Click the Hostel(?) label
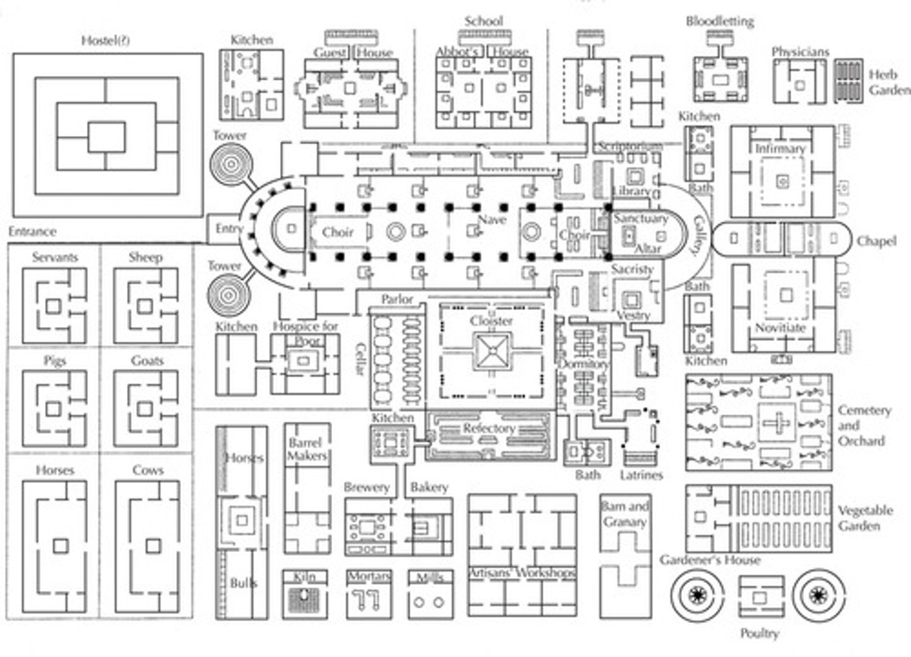pos(106,41)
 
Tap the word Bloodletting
pos(720,21)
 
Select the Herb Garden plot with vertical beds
pos(848,81)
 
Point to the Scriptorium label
pos(631,147)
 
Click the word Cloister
pos(491,321)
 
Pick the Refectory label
pos(488,429)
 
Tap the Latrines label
pos(641,475)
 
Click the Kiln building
pos(305,598)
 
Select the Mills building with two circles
pos(430,598)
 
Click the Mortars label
pos(369,577)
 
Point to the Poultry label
pos(760,633)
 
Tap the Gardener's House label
pos(710,560)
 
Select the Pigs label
pos(55,361)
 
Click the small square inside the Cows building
pos(152,545)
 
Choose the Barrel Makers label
pos(307,449)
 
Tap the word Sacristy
pos(632,269)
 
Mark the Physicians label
pos(800,52)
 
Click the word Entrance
pos(32,231)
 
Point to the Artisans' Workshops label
pos(522,574)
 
